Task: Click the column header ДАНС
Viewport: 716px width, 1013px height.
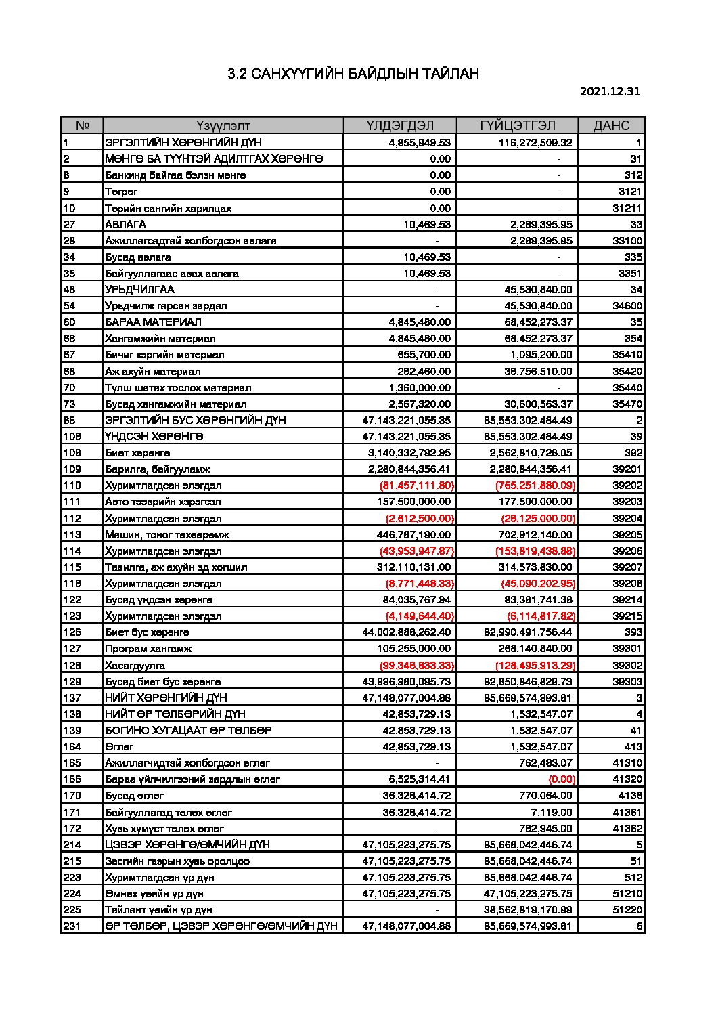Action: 611,125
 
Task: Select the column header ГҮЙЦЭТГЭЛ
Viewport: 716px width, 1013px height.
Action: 518,125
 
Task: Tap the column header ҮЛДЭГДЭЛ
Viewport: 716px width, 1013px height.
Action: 400,125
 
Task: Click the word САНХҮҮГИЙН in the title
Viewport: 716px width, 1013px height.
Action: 295,74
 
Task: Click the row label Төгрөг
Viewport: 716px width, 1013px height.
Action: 121,192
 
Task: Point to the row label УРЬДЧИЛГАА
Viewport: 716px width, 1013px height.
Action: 139,289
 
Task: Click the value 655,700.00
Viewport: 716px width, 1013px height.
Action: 424,354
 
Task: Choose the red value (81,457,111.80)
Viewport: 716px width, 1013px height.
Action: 417,485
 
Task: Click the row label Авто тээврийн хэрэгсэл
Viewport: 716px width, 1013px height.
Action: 162,501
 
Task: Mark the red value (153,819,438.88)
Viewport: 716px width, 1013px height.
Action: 535,551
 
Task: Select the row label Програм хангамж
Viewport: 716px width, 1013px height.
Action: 148,648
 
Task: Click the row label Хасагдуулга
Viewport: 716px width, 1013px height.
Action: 135,665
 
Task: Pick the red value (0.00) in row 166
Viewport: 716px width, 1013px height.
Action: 562,779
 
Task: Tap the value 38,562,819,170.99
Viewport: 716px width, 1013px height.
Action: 528,909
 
